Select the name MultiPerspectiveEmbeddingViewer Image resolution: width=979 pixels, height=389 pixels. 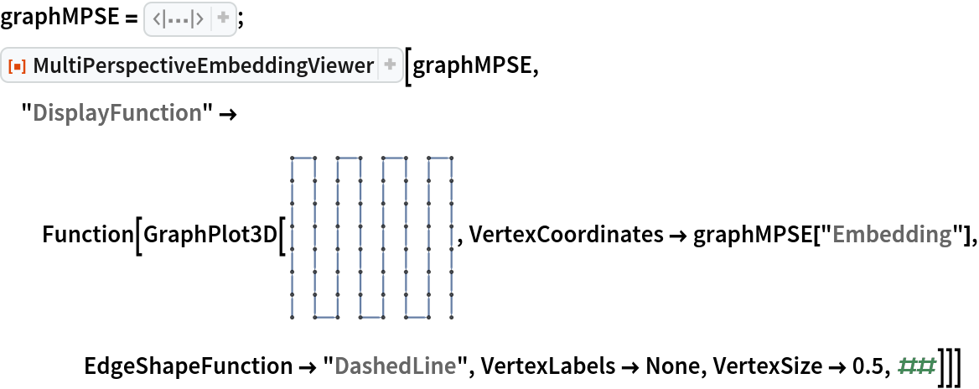(x=204, y=65)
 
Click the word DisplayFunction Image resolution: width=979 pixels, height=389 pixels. (x=117, y=113)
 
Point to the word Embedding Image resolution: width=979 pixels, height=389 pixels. (x=892, y=235)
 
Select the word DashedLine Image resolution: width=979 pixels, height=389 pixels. (x=395, y=366)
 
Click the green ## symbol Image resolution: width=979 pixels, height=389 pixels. (x=916, y=366)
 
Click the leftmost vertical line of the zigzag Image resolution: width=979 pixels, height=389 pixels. (x=292, y=237)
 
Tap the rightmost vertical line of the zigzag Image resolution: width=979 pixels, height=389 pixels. (x=452, y=237)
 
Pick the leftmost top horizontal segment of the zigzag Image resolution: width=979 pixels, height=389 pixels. (x=303, y=158)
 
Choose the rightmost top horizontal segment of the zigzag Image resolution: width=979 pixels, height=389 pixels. (x=440, y=158)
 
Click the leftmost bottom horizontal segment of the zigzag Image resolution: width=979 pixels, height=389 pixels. (x=325, y=317)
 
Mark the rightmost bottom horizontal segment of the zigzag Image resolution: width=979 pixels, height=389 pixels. (x=417, y=317)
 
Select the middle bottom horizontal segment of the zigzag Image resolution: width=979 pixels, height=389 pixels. (x=371, y=317)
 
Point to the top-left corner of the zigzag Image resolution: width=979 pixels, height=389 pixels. (x=292, y=158)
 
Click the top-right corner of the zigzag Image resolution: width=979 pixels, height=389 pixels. (x=452, y=158)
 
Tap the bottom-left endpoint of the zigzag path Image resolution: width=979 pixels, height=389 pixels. (x=292, y=317)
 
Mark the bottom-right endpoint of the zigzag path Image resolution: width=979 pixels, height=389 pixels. (x=452, y=317)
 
